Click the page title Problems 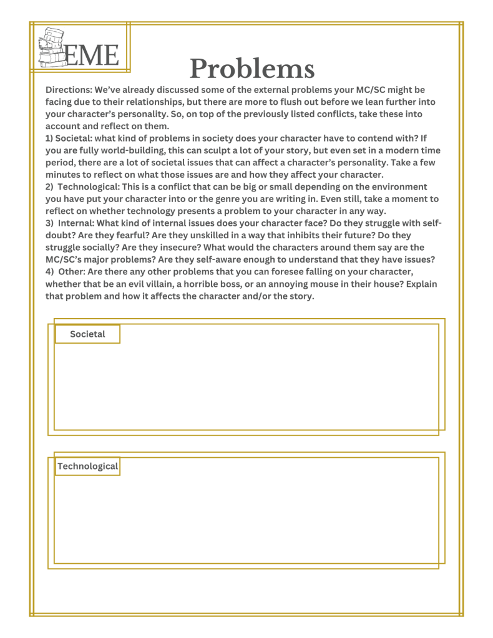pos(251,69)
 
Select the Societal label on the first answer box pos(87,334)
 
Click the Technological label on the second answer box pos(87,466)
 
